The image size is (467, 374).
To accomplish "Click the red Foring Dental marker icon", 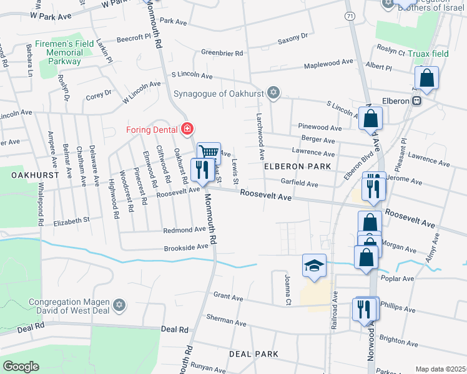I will coord(187,129).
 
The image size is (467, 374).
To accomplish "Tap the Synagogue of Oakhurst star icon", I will coord(272,93).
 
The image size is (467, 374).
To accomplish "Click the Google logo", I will coord(21,367).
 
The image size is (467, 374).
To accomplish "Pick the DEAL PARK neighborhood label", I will coord(253,353).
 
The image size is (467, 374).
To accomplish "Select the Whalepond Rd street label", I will coord(40,203).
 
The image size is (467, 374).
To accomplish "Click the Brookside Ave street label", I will coord(185,247).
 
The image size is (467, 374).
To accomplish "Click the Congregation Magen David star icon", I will coord(119,305).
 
